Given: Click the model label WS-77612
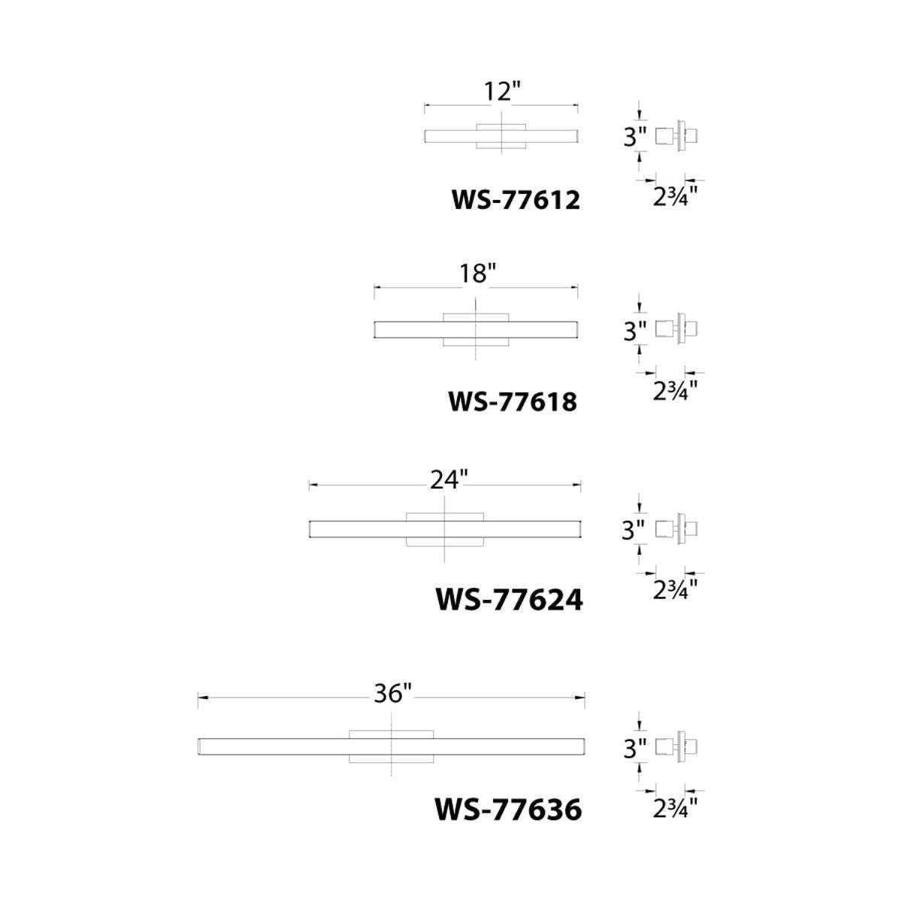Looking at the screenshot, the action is tap(516, 201).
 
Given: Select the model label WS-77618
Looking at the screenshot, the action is tap(513, 401).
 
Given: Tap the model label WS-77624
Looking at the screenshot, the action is tap(509, 600).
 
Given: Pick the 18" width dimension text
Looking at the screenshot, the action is tap(477, 274).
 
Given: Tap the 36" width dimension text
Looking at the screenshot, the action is tap(392, 707).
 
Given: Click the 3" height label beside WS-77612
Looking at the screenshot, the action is tap(634, 138).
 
